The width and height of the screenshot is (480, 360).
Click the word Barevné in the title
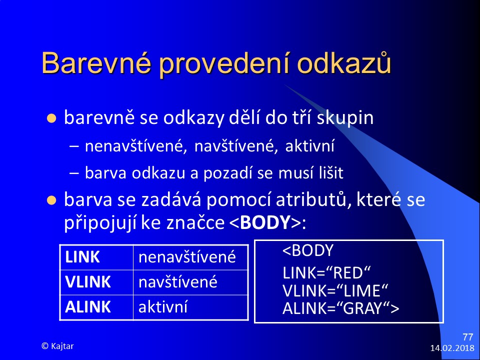click(x=96, y=63)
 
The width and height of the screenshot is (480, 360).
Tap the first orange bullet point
click(x=51, y=118)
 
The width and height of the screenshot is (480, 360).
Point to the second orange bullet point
click(x=51, y=200)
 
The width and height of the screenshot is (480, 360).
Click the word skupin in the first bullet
click(x=345, y=118)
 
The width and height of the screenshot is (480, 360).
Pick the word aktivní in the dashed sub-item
click(x=309, y=145)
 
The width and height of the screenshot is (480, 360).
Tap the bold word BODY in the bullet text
click(x=265, y=222)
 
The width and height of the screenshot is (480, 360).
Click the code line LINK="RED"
click(x=326, y=273)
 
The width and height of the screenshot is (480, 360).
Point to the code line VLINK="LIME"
click(x=335, y=290)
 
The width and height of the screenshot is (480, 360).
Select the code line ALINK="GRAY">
click(x=340, y=308)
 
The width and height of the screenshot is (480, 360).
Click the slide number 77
click(x=468, y=337)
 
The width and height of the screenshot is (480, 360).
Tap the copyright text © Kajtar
click(x=57, y=346)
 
